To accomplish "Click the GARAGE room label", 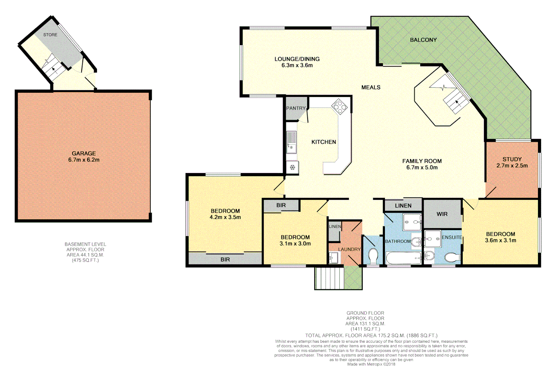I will pyautogui.click(x=84, y=153).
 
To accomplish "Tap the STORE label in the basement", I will pyautogui.click(x=50, y=35).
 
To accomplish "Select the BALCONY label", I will pyautogui.click(x=423, y=40).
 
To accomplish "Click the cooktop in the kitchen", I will pyautogui.click(x=339, y=106).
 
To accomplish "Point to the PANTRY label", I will pyautogui.click(x=296, y=108).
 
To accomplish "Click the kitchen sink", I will pyautogui.click(x=292, y=142).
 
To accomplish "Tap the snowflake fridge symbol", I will pyautogui.click(x=292, y=167).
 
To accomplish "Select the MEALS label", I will pyautogui.click(x=371, y=87).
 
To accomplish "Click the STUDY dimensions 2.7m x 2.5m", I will pyautogui.click(x=512, y=166).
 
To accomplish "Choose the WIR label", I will pyautogui.click(x=442, y=214).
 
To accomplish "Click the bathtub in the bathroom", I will pyautogui.click(x=404, y=258).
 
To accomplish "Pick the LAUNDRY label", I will pyautogui.click(x=349, y=249).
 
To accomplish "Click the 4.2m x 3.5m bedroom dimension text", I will pyautogui.click(x=225, y=217).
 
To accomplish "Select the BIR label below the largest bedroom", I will pyautogui.click(x=225, y=259).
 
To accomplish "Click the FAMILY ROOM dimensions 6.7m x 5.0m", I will pyautogui.click(x=422, y=167).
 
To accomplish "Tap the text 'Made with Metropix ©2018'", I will pyautogui.click(x=371, y=364).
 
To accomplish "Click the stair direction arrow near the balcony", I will pyautogui.click(x=457, y=102).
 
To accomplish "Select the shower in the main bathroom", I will pyautogui.click(x=412, y=222).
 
